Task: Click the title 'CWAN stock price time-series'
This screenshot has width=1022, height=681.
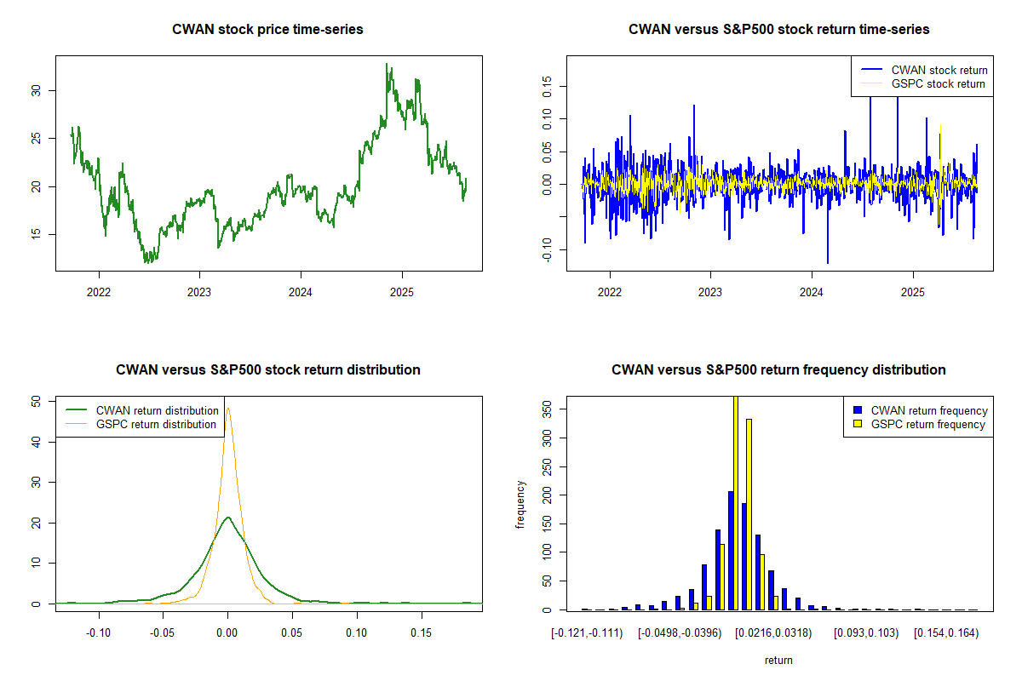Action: [x=267, y=30]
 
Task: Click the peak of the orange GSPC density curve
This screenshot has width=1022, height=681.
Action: [x=228, y=408]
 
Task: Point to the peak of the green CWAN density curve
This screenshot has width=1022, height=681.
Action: [x=227, y=518]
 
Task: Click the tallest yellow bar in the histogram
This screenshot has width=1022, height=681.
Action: [x=736, y=502]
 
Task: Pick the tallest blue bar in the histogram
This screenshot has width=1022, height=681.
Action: [x=731, y=550]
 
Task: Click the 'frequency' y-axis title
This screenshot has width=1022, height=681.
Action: [x=520, y=505]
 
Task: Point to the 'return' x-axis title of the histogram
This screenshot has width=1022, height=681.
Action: [x=778, y=660]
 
